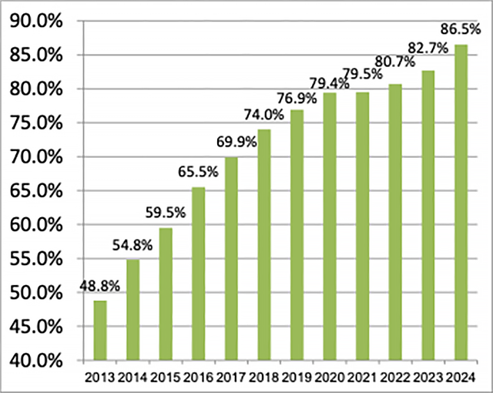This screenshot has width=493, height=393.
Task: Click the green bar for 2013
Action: [x=100, y=331]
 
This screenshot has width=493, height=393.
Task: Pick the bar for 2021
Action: [x=362, y=226]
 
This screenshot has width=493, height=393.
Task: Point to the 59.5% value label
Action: [x=164, y=213]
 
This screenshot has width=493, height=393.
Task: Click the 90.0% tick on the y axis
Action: [x=35, y=21]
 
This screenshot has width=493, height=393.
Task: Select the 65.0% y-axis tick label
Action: [x=35, y=190]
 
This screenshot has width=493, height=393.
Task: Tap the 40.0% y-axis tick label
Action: [x=35, y=360]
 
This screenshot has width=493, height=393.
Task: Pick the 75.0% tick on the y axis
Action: [x=35, y=123]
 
